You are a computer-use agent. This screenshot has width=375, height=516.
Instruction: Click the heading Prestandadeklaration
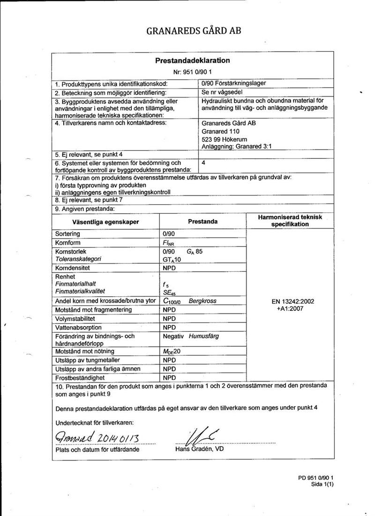[x=192, y=60]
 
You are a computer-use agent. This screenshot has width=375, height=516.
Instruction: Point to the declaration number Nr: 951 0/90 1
[x=193, y=72]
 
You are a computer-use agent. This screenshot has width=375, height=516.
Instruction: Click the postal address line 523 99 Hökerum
[x=225, y=139]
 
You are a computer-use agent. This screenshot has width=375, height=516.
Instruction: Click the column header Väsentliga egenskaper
[x=105, y=221]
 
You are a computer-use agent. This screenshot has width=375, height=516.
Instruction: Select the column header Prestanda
[x=202, y=221]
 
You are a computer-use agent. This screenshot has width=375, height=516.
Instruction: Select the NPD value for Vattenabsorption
[x=169, y=327]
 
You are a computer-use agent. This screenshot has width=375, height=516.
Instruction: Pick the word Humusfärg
[x=204, y=336]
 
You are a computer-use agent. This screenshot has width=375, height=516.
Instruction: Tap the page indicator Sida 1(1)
[x=322, y=485]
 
